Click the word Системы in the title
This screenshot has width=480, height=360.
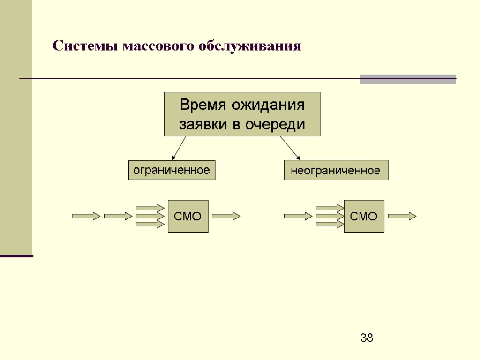tap(85, 46)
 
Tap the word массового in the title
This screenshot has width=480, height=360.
tap(158, 46)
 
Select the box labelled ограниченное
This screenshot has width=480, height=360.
tap(172, 170)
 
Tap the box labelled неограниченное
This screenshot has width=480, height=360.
tap(336, 171)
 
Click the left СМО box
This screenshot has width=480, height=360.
tap(187, 216)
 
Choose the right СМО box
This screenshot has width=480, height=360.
tap(364, 216)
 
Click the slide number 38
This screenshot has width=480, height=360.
tap(367, 337)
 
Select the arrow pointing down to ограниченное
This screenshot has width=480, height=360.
tap(179, 148)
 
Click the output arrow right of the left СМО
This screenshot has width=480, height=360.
tap(226, 216)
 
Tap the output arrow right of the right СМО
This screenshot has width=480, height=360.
tap(402, 216)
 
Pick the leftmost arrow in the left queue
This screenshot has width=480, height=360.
tap(86, 216)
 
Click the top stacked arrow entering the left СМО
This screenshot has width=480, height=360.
tap(150, 208)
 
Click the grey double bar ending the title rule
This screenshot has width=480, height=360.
tap(407, 79)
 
